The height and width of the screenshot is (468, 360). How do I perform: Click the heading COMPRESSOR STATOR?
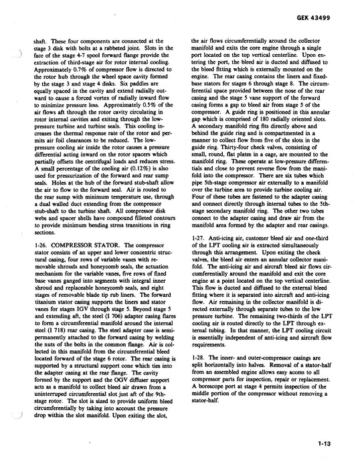(x=86, y=247)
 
